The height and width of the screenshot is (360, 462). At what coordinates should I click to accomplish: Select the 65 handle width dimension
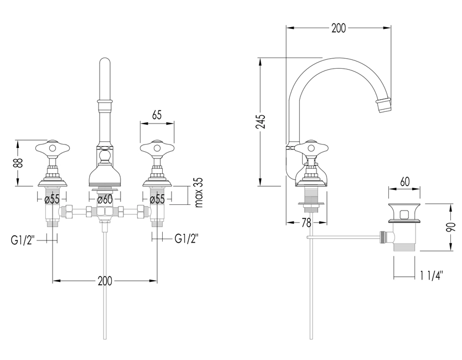[157, 115]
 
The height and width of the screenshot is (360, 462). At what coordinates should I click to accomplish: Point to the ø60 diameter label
[105, 199]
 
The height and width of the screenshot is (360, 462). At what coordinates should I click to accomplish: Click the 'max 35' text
[200, 193]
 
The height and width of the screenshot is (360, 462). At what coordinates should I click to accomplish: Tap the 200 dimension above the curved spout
[338, 29]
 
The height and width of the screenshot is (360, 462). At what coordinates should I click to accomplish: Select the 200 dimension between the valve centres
[105, 281]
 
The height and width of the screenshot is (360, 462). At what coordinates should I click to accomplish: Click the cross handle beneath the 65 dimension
[157, 148]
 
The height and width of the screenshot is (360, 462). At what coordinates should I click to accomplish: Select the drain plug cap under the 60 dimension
[405, 211]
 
